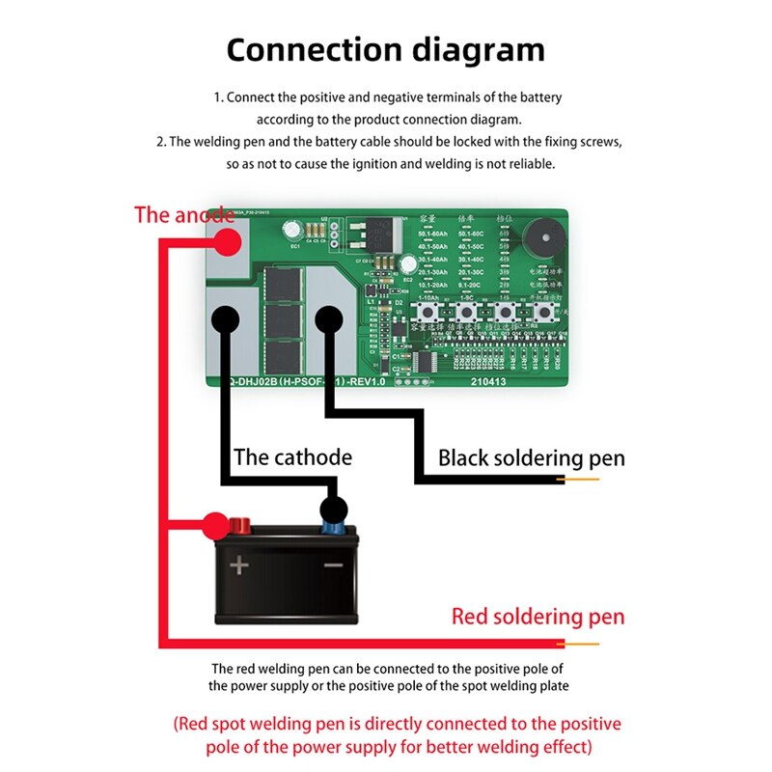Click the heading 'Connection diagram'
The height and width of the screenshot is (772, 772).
tap(385, 49)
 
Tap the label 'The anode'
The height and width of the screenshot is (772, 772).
tap(183, 214)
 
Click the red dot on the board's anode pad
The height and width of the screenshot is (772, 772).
tap(225, 241)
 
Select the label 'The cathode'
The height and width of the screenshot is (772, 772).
tap(292, 456)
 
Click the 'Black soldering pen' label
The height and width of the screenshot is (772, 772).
tap(531, 457)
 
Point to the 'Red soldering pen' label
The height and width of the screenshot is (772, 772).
tap(538, 616)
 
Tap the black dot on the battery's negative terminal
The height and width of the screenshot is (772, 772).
tap(334, 510)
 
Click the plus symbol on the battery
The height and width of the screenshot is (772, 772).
tap(238, 564)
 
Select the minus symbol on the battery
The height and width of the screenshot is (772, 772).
tap(333, 564)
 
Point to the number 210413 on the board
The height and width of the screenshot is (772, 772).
tap(488, 380)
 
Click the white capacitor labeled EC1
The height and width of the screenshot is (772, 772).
tap(291, 232)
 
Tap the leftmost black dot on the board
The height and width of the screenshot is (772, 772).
tap(225, 318)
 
